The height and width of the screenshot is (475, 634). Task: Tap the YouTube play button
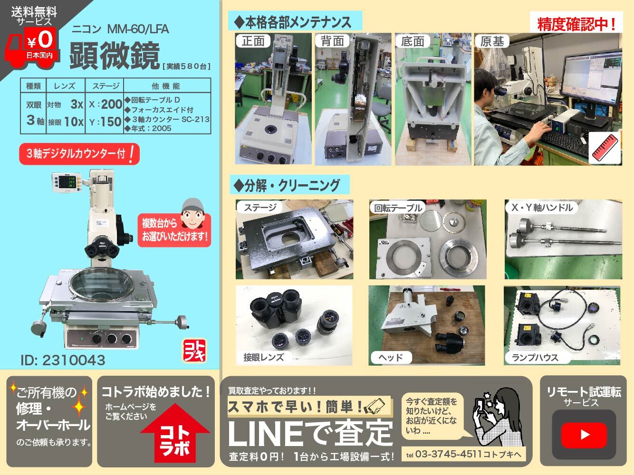(x=584, y=434)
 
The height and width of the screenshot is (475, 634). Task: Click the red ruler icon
(x=605, y=148)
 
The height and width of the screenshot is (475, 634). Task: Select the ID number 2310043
(x=63, y=360)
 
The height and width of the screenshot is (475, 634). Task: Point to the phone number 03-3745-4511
(x=448, y=454)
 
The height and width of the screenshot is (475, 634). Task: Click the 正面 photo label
(x=253, y=41)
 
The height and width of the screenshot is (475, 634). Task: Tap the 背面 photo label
(x=332, y=41)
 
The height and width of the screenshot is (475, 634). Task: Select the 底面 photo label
(x=412, y=41)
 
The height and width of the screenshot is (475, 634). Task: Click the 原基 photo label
(x=492, y=41)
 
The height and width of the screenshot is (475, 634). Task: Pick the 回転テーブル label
(x=398, y=208)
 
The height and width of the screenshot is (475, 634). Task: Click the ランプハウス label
(x=535, y=357)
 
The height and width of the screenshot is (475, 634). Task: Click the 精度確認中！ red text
(x=576, y=24)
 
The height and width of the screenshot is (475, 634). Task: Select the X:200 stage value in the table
(x=105, y=104)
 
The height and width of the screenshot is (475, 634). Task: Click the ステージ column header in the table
(x=105, y=86)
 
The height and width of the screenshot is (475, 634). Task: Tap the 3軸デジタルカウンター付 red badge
(x=79, y=154)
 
